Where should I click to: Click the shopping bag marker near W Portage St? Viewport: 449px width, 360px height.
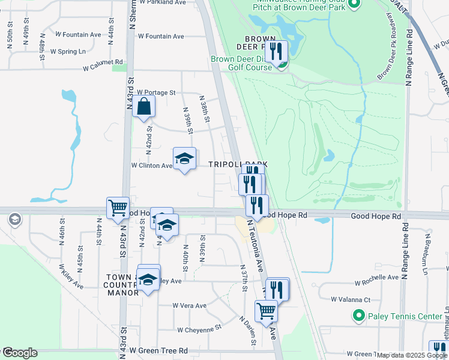pyautogui.click(x=144, y=107)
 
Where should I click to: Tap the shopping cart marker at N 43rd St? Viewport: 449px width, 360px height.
pyautogui.click(x=118, y=208)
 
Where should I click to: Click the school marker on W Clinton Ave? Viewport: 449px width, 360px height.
pyautogui.click(x=185, y=158)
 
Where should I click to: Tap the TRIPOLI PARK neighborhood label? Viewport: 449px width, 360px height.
pyautogui.click(x=237, y=164)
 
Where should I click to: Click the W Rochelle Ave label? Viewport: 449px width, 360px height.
pyautogui.click(x=376, y=278)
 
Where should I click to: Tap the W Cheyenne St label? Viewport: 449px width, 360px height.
pyautogui.click(x=199, y=329)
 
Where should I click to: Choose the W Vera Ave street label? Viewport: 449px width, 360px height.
pyautogui.click(x=189, y=305)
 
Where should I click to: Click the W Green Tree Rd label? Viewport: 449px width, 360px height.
pyautogui.click(x=158, y=350)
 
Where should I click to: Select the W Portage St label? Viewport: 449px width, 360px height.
pyautogui.click(x=155, y=92)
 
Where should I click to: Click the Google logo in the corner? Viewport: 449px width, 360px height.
pyautogui.click(x=19, y=353)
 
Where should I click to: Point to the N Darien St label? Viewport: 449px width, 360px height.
pyautogui.click(x=249, y=331)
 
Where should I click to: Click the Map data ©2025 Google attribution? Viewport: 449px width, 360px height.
pyautogui.click(x=411, y=355)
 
